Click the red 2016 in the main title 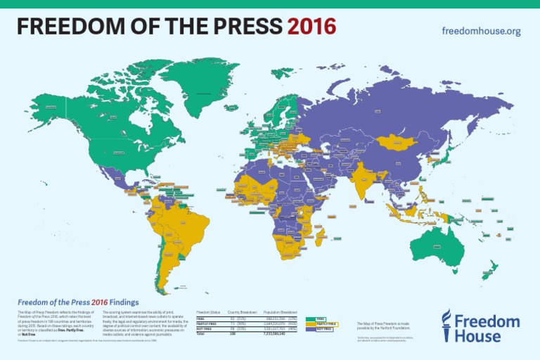tap(312, 26)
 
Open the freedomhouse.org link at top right tap(481, 31)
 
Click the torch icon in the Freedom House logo tap(446, 327)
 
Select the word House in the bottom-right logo tap(478, 335)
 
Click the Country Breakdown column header tap(243, 311)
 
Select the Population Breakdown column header tap(281, 311)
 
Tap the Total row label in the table tap(200, 335)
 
